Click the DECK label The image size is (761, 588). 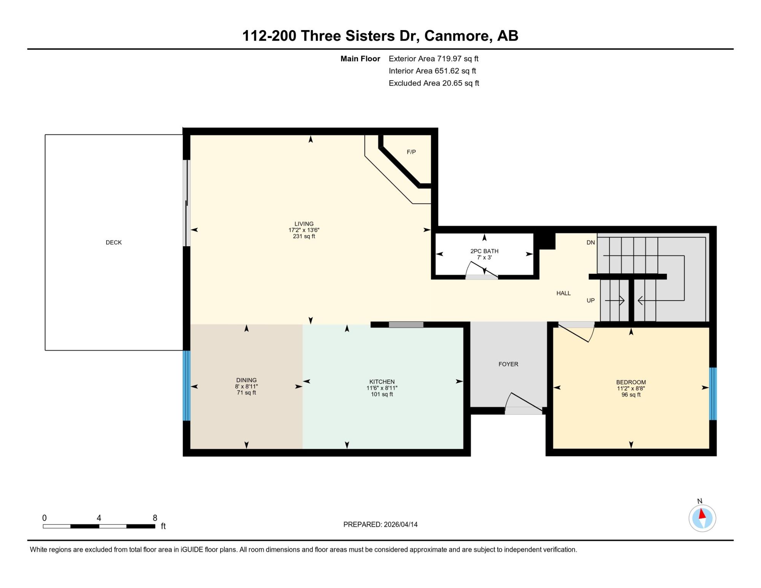click(114, 242)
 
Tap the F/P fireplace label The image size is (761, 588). click(411, 152)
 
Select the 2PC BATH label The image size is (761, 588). click(484, 251)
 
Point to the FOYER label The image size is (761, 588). click(508, 364)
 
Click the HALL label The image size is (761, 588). click(564, 293)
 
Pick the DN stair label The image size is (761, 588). click(591, 242)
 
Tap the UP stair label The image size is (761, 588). click(591, 300)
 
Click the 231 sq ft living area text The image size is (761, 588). click(304, 236)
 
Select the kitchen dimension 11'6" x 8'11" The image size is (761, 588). click(382, 388)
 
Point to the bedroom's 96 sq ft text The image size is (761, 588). click(631, 395)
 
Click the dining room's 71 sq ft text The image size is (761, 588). click(247, 393)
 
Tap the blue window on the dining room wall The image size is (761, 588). click(186, 386)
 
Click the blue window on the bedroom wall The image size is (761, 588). click(713, 394)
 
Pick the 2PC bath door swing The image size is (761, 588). click(481, 270)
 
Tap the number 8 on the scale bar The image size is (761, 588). click(155, 518)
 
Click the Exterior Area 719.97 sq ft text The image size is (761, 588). click(433, 59)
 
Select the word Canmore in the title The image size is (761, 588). click(457, 36)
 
